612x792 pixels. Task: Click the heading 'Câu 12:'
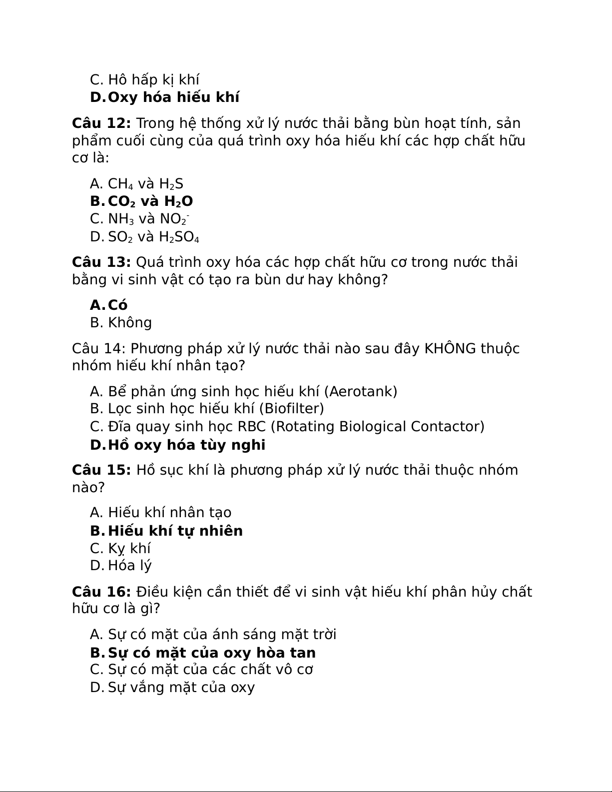point(101,123)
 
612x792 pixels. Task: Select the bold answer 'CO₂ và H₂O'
point(150,201)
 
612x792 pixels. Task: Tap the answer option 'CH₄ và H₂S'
point(145,184)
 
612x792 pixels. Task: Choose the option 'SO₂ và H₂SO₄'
point(153,237)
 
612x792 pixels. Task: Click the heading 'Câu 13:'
point(101,262)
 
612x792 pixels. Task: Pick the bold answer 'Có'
point(118,305)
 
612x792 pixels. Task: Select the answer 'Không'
point(130,323)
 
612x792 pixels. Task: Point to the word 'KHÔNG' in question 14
point(450,348)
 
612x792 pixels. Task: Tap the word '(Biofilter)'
point(291,409)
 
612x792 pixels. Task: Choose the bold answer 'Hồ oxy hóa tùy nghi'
point(186,445)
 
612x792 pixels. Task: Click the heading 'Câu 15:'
point(101,470)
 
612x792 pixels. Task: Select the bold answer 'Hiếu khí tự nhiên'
point(175,531)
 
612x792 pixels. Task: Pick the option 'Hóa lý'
point(129,566)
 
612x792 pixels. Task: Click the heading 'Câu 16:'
point(101,592)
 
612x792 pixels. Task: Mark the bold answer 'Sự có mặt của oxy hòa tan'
point(212,653)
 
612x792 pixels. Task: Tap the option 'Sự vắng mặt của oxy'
point(181,688)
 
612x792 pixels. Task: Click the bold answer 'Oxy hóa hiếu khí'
point(173,97)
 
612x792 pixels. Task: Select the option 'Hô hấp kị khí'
point(153,80)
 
